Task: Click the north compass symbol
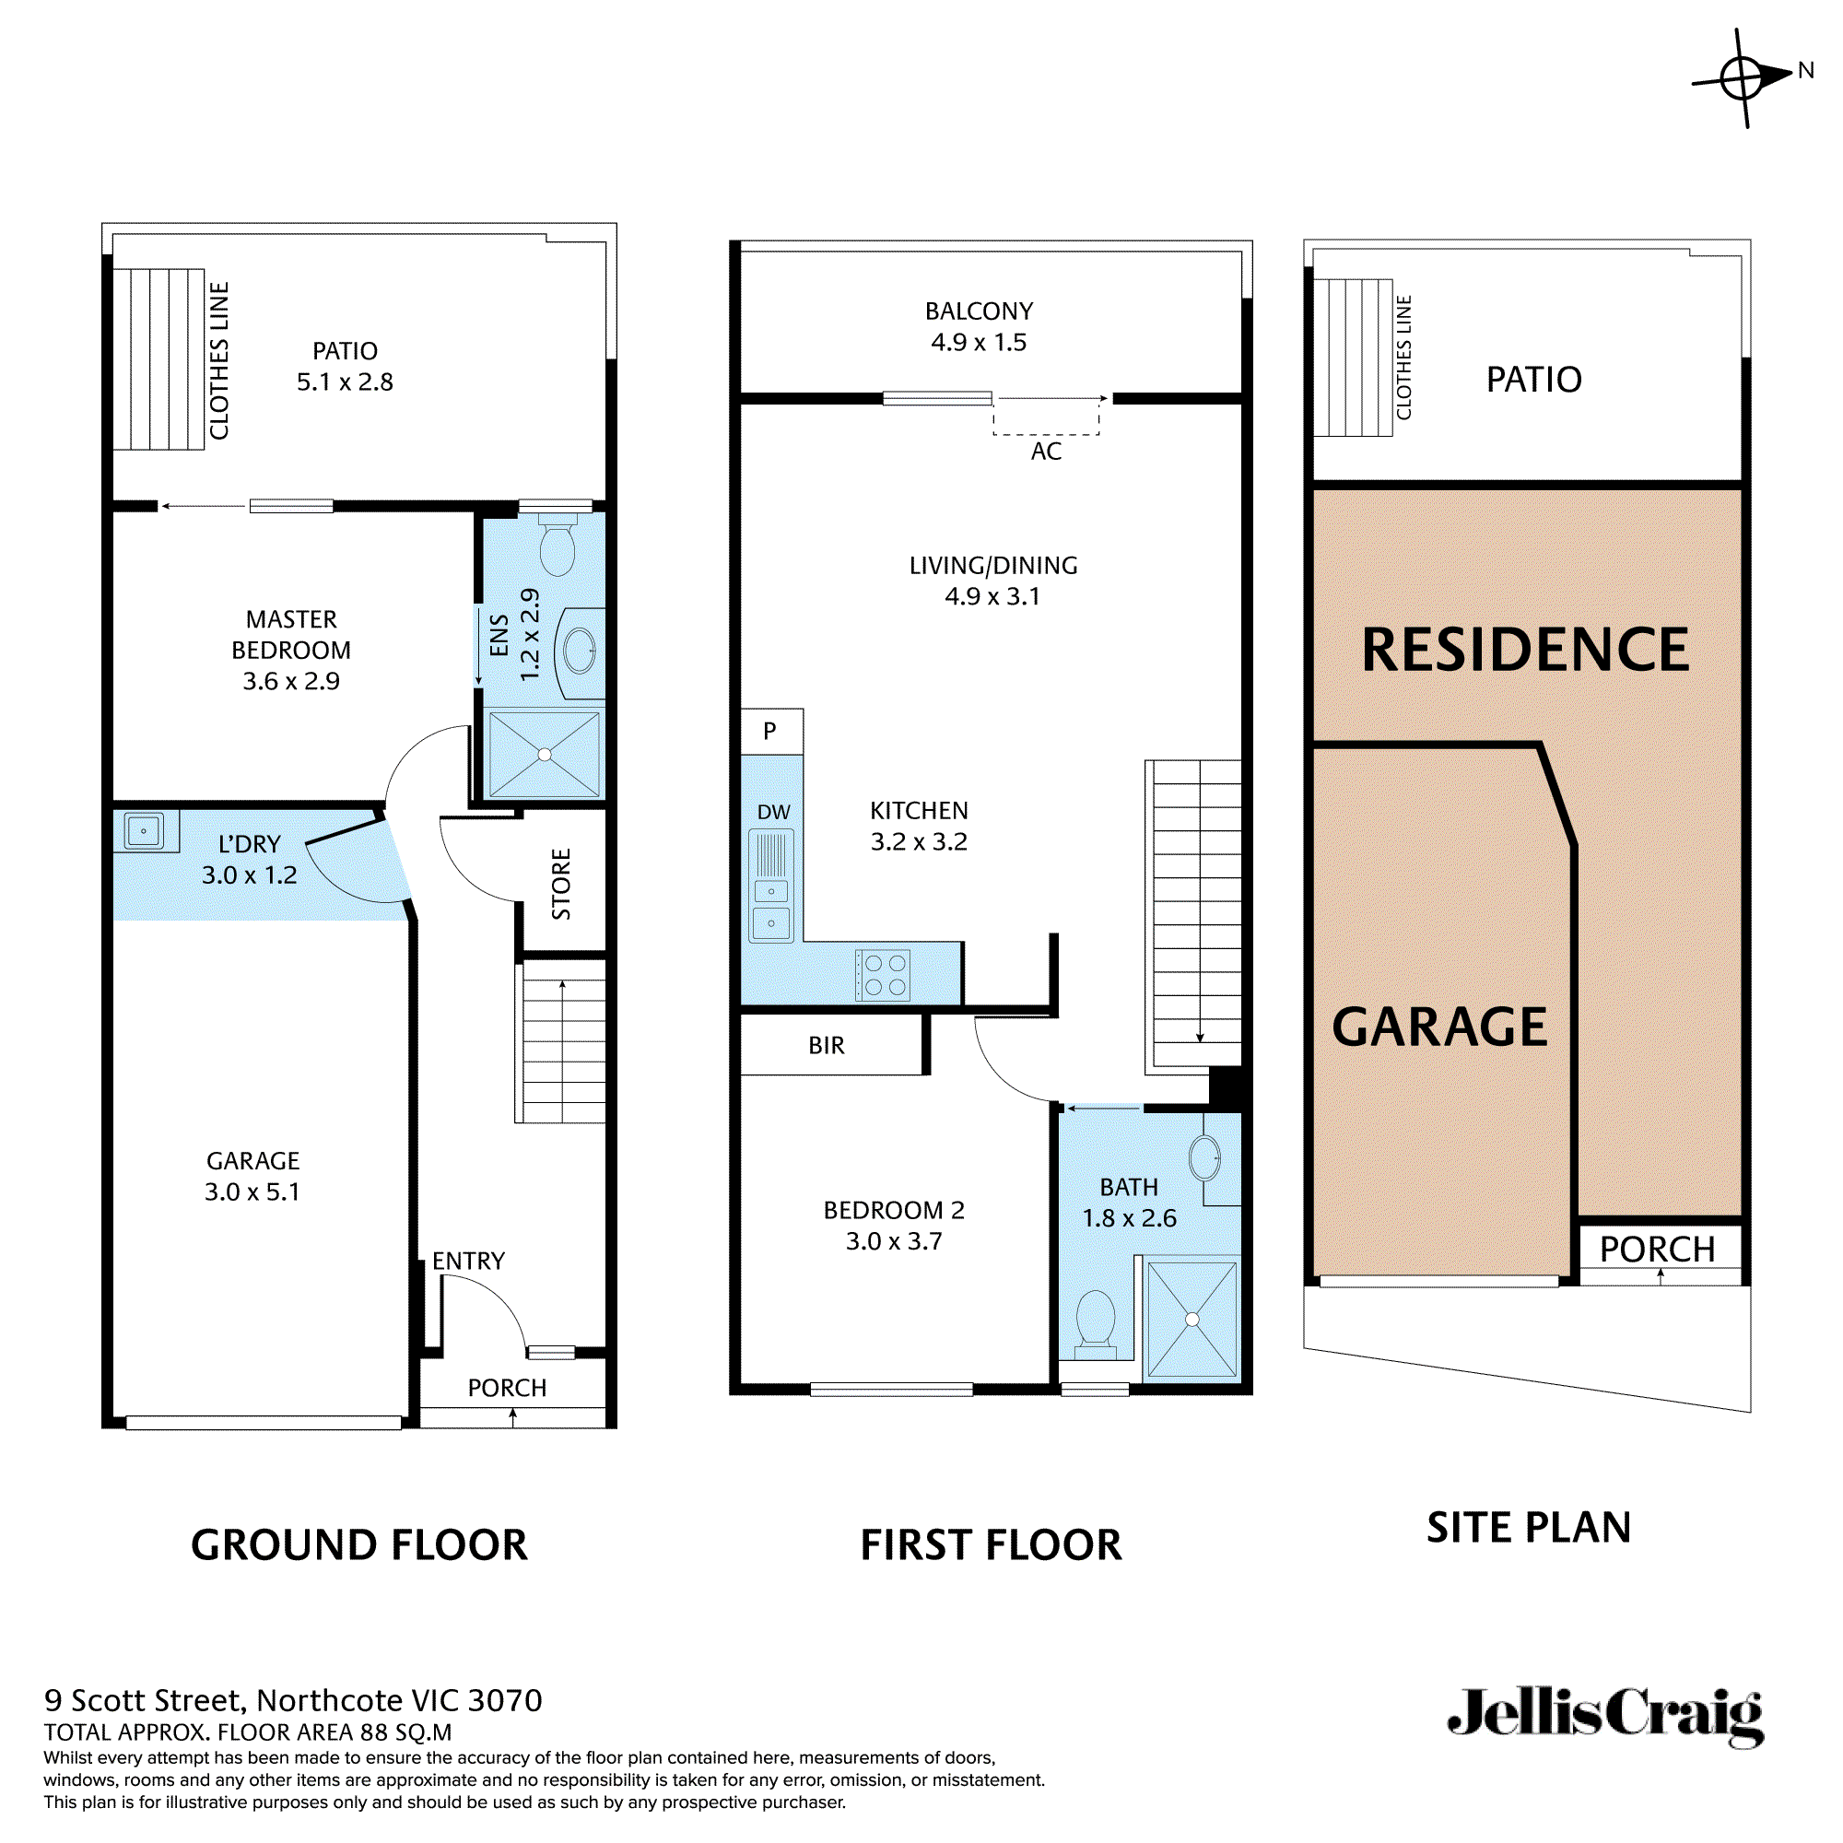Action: pyautogui.click(x=1742, y=77)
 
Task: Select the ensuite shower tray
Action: pyautogui.click(x=544, y=755)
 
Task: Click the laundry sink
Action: pyautogui.click(x=144, y=831)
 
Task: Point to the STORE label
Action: pyautogui.click(x=561, y=884)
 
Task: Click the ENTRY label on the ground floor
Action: pyautogui.click(x=467, y=1262)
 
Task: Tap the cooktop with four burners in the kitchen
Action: pyautogui.click(x=884, y=975)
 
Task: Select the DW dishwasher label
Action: pyautogui.click(x=774, y=812)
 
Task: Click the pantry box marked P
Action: pyautogui.click(x=770, y=732)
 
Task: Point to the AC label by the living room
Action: pyautogui.click(x=1046, y=452)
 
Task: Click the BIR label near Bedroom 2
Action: pyautogui.click(x=826, y=1046)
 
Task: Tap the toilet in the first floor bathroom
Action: pyautogui.click(x=1095, y=1322)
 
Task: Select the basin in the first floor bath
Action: pyautogui.click(x=1204, y=1158)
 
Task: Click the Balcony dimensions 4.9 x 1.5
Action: pyautogui.click(x=979, y=343)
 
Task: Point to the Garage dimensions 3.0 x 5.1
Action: pyautogui.click(x=252, y=1192)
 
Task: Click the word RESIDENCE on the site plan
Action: pyautogui.click(x=1524, y=651)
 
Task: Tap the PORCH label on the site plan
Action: pyautogui.click(x=1657, y=1250)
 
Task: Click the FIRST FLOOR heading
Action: pyautogui.click(x=991, y=1545)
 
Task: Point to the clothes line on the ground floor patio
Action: pyautogui.click(x=158, y=359)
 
